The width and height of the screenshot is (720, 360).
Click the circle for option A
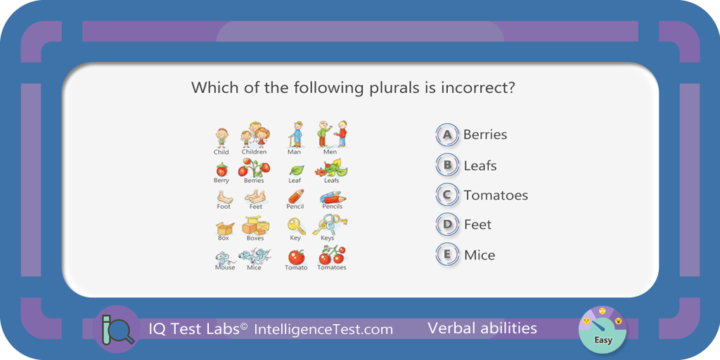coord(447,135)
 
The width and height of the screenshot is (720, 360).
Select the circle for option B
coord(447,165)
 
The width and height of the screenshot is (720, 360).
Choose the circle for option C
coord(447,195)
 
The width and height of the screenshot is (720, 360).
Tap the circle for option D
coord(447,224)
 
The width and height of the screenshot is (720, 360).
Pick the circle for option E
coord(447,255)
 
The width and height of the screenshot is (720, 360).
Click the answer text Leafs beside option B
coord(480,165)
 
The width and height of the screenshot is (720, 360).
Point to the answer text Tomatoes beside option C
coord(496,195)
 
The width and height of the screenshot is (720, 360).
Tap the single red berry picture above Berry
coord(221,169)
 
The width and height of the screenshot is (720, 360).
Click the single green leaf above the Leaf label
coord(297,170)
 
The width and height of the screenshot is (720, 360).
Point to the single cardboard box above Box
coord(224,229)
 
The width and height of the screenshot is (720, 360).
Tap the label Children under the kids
coord(254,152)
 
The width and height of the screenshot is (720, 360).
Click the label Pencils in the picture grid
coord(332,207)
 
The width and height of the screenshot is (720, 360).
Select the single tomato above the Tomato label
coord(296,257)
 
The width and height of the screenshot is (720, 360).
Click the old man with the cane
coord(296,134)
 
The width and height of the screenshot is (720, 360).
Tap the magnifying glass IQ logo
coord(116,329)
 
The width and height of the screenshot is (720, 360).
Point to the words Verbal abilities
coord(482,328)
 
